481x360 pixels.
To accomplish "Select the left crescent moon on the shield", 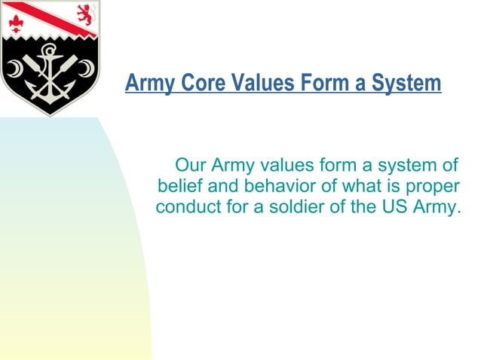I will [14, 70].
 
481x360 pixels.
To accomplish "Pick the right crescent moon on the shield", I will [88, 69].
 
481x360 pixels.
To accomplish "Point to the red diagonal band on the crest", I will [45, 17].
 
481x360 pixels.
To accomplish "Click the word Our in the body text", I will [190, 165].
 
